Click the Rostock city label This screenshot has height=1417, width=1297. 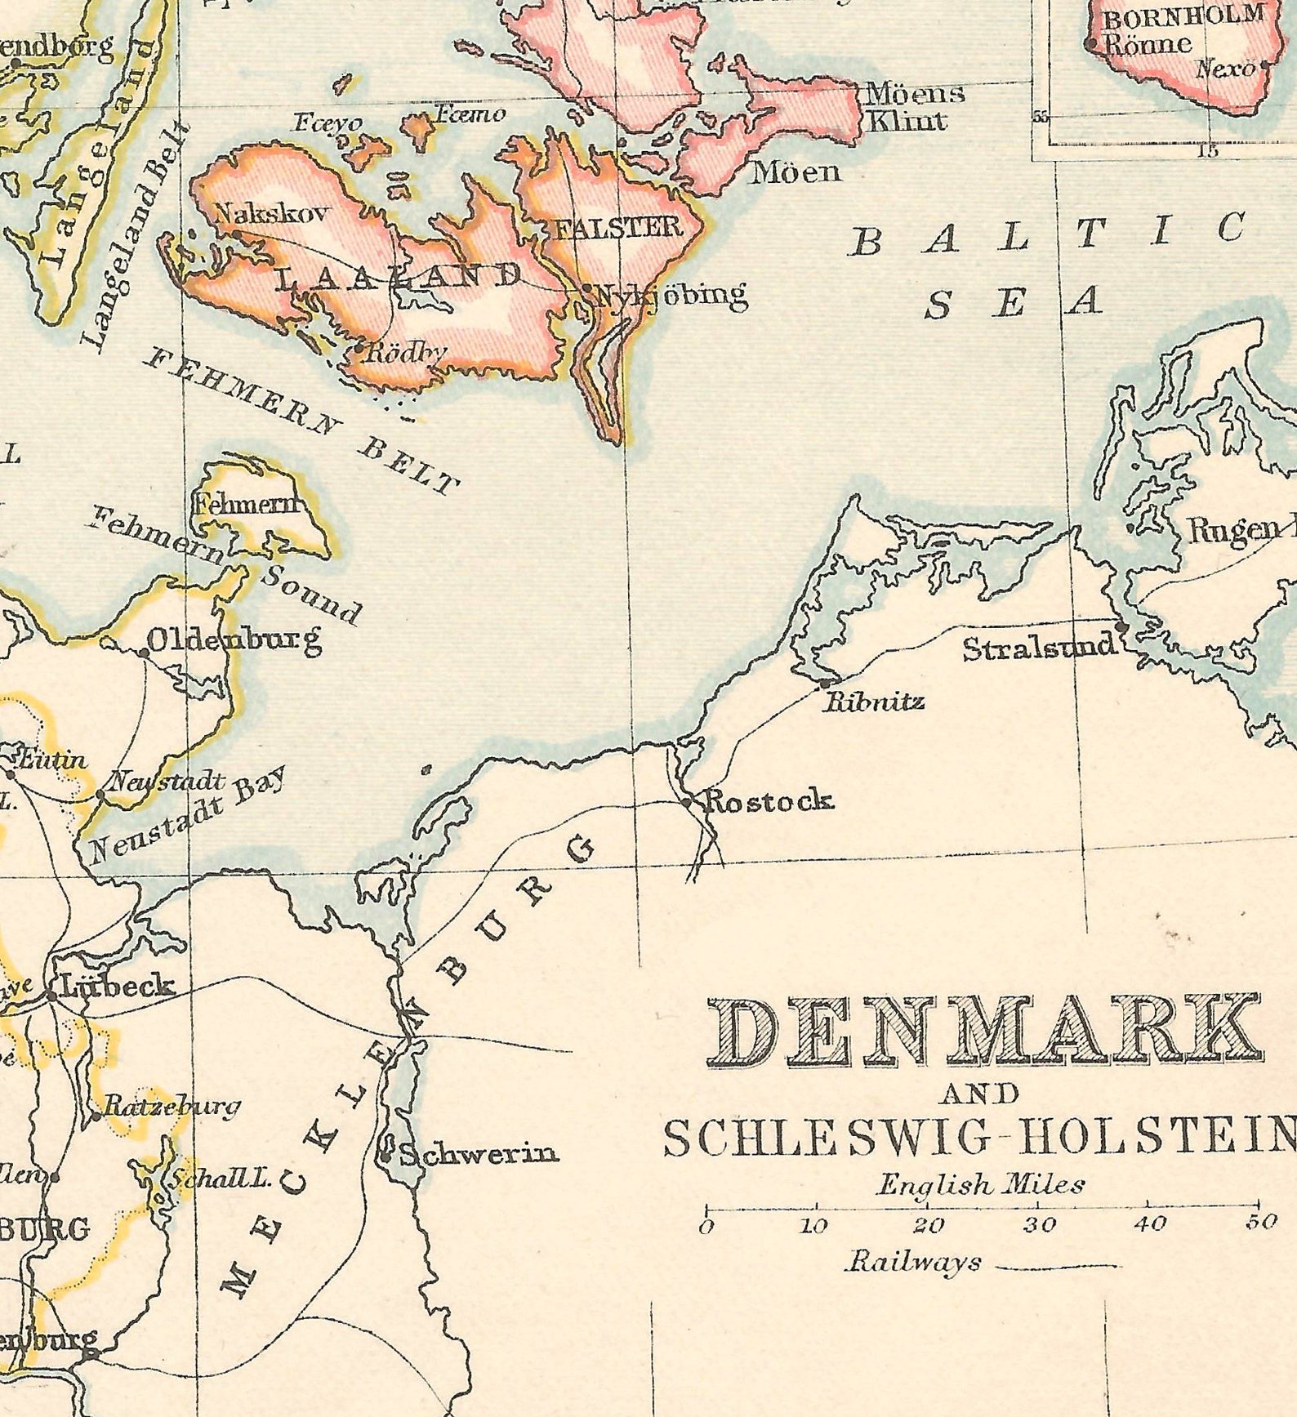769,800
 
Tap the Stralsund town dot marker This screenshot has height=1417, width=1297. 1122,626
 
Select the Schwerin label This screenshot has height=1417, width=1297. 478,1153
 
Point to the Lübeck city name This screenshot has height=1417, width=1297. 118,986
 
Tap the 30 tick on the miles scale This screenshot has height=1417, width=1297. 1039,1224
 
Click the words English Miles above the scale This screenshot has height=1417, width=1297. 980,1184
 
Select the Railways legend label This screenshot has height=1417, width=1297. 913,1262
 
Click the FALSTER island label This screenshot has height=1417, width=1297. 618,228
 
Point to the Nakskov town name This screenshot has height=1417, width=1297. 271,215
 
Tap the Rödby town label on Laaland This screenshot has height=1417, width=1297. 407,353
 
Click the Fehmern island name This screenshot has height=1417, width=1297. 248,505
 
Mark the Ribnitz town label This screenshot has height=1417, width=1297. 874,701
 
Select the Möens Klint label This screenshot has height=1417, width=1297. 913,106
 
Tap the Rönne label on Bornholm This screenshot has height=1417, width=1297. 1148,43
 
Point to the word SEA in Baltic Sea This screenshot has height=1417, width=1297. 1013,304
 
